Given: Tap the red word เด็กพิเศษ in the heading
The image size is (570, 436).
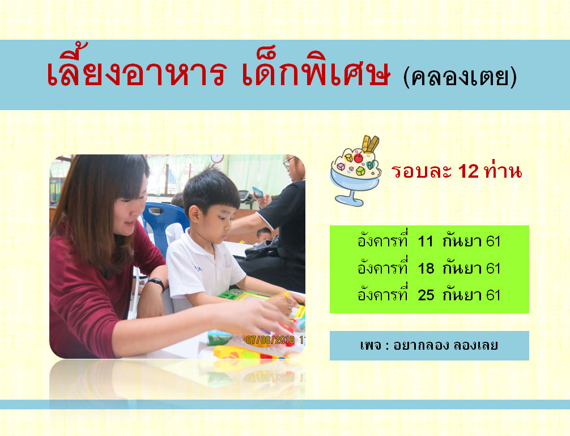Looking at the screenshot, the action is coord(316,69).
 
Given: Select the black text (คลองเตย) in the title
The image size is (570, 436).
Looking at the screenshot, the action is coord(460,77).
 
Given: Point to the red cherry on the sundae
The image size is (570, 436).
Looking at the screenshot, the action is coord(358,158).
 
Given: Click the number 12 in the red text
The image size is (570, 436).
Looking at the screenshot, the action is coord(468,171).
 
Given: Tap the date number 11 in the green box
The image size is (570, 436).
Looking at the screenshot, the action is coord(426,241).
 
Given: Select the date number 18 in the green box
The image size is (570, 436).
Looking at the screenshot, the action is coord(426,269).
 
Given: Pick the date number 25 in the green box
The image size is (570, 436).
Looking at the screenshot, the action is coord(426,295).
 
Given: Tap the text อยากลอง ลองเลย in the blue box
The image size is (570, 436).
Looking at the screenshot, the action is coord(445,345).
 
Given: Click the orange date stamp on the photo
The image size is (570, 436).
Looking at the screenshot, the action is coord(275,340).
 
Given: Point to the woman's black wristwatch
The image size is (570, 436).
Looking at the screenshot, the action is coord(157,283).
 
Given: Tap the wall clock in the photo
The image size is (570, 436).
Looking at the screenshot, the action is coord(217,158).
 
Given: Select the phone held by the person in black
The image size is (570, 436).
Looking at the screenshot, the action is coord(257,192).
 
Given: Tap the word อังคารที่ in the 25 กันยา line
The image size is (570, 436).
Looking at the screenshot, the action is coord(382,294).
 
